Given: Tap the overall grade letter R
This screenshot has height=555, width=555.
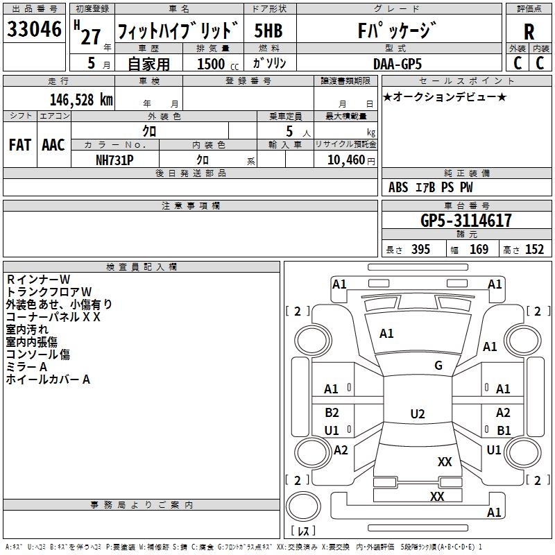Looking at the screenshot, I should click(x=529, y=31).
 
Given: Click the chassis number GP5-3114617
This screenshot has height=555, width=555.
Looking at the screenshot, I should click(x=466, y=221).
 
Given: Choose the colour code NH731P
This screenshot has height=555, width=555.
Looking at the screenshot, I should click(x=114, y=159).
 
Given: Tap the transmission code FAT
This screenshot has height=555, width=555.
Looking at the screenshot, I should click(x=19, y=145).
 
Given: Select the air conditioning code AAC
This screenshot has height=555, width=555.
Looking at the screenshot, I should click(x=53, y=145).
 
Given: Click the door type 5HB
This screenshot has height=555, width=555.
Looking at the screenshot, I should click(x=268, y=31).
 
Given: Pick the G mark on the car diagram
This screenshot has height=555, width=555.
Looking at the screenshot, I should click(x=438, y=366).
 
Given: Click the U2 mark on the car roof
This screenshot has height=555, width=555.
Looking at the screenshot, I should click(x=417, y=414).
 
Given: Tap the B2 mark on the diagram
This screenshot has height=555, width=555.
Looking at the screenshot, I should click(x=332, y=413).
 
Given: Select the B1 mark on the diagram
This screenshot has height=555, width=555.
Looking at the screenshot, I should click(x=504, y=430).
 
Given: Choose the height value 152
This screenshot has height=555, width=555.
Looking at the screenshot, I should click(x=534, y=250).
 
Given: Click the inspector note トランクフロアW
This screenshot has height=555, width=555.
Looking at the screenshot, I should click(x=49, y=291).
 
